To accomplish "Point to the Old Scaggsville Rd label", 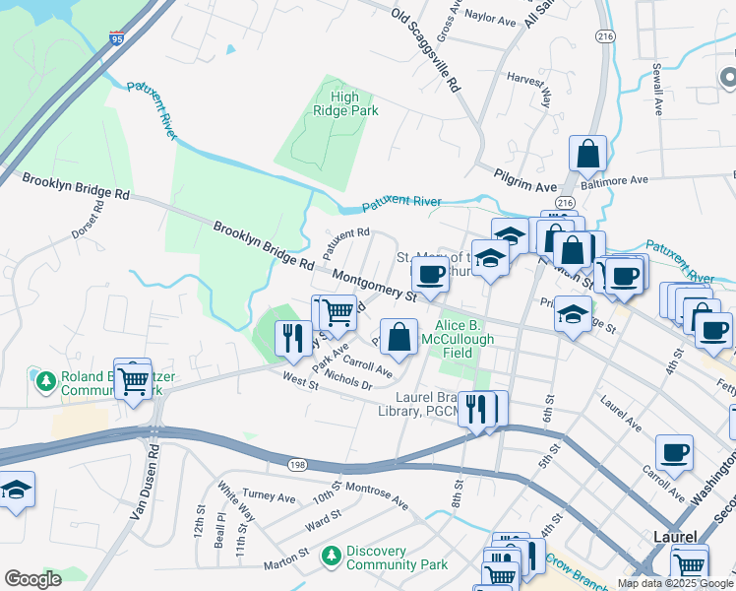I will point(425,49).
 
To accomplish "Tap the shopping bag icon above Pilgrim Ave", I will point(587,154).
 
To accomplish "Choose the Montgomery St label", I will point(375,284).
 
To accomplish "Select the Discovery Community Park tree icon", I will point(332,557).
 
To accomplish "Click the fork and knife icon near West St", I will point(291,339).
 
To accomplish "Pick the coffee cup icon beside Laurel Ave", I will point(674,452).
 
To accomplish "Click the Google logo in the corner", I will point(32,579).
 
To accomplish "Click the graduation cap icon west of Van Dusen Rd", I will point(16,490).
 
